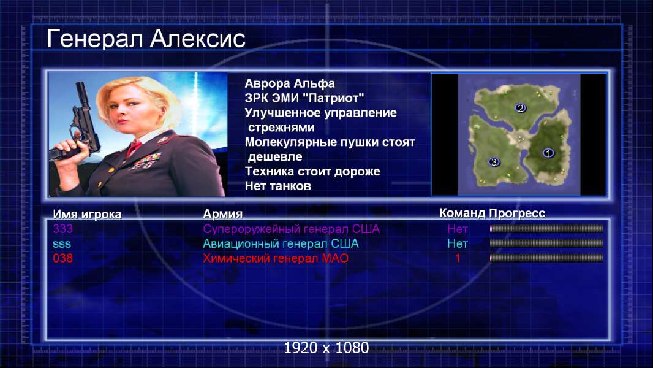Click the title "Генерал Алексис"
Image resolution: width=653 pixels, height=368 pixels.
click(x=146, y=39)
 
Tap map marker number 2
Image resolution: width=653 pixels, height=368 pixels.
click(x=520, y=108)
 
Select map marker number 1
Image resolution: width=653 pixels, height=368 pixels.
click(x=548, y=153)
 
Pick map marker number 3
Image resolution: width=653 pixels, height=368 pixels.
click(x=494, y=162)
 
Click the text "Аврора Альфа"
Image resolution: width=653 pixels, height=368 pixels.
click(x=289, y=83)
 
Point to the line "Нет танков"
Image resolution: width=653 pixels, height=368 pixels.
click(x=277, y=186)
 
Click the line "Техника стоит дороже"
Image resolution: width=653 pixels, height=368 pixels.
click(x=312, y=171)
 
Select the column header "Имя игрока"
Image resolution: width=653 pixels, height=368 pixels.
click(x=87, y=214)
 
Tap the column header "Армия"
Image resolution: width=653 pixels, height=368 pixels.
click(x=222, y=214)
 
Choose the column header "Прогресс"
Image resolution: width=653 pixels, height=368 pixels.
click(x=517, y=213)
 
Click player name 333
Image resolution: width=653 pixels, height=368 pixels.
click(x=62, y=229)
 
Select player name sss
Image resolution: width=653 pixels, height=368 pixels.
click(x=62, y=244)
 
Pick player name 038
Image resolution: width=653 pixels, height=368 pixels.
click(x=62, y=258)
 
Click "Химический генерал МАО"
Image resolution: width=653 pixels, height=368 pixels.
click(x=275, y=258)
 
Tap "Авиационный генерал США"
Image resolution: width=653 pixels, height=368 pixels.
click(x=281, y=244)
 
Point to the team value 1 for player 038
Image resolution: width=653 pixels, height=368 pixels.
click(x=457, y=258)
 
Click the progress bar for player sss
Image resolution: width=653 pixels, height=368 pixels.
click(x=546, y=243)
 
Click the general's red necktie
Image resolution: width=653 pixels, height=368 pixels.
click(x=134, y=148)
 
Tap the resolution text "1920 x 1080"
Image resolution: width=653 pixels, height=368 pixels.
click(x=326, y=348)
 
